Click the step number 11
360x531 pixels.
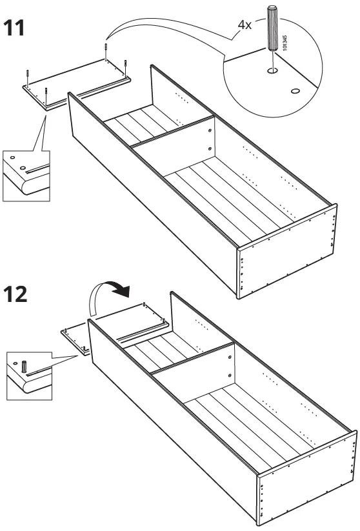coord(16,28)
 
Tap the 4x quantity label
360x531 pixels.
coord(244,25)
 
